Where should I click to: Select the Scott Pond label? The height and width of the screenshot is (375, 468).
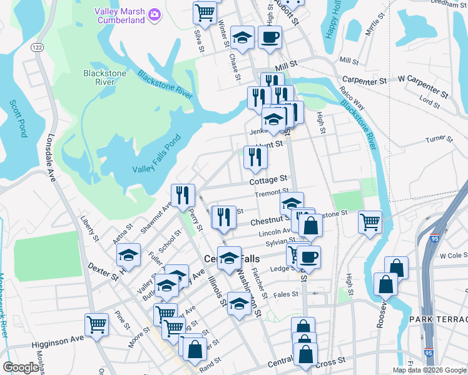point(18,119)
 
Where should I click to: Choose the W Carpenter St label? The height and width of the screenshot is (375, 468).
point(424,82)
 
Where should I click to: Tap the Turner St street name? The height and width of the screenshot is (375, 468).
point(439,139)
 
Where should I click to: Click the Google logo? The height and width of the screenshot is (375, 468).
point(20,367)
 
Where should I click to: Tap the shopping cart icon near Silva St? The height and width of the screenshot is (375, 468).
point(205,11)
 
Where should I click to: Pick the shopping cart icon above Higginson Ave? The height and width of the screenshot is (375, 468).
point(96,324)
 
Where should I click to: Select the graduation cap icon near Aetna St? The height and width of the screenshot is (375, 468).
point(128,254)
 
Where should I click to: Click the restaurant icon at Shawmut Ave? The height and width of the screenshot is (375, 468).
point(183,195)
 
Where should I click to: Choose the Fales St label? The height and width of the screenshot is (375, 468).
point(285,294)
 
